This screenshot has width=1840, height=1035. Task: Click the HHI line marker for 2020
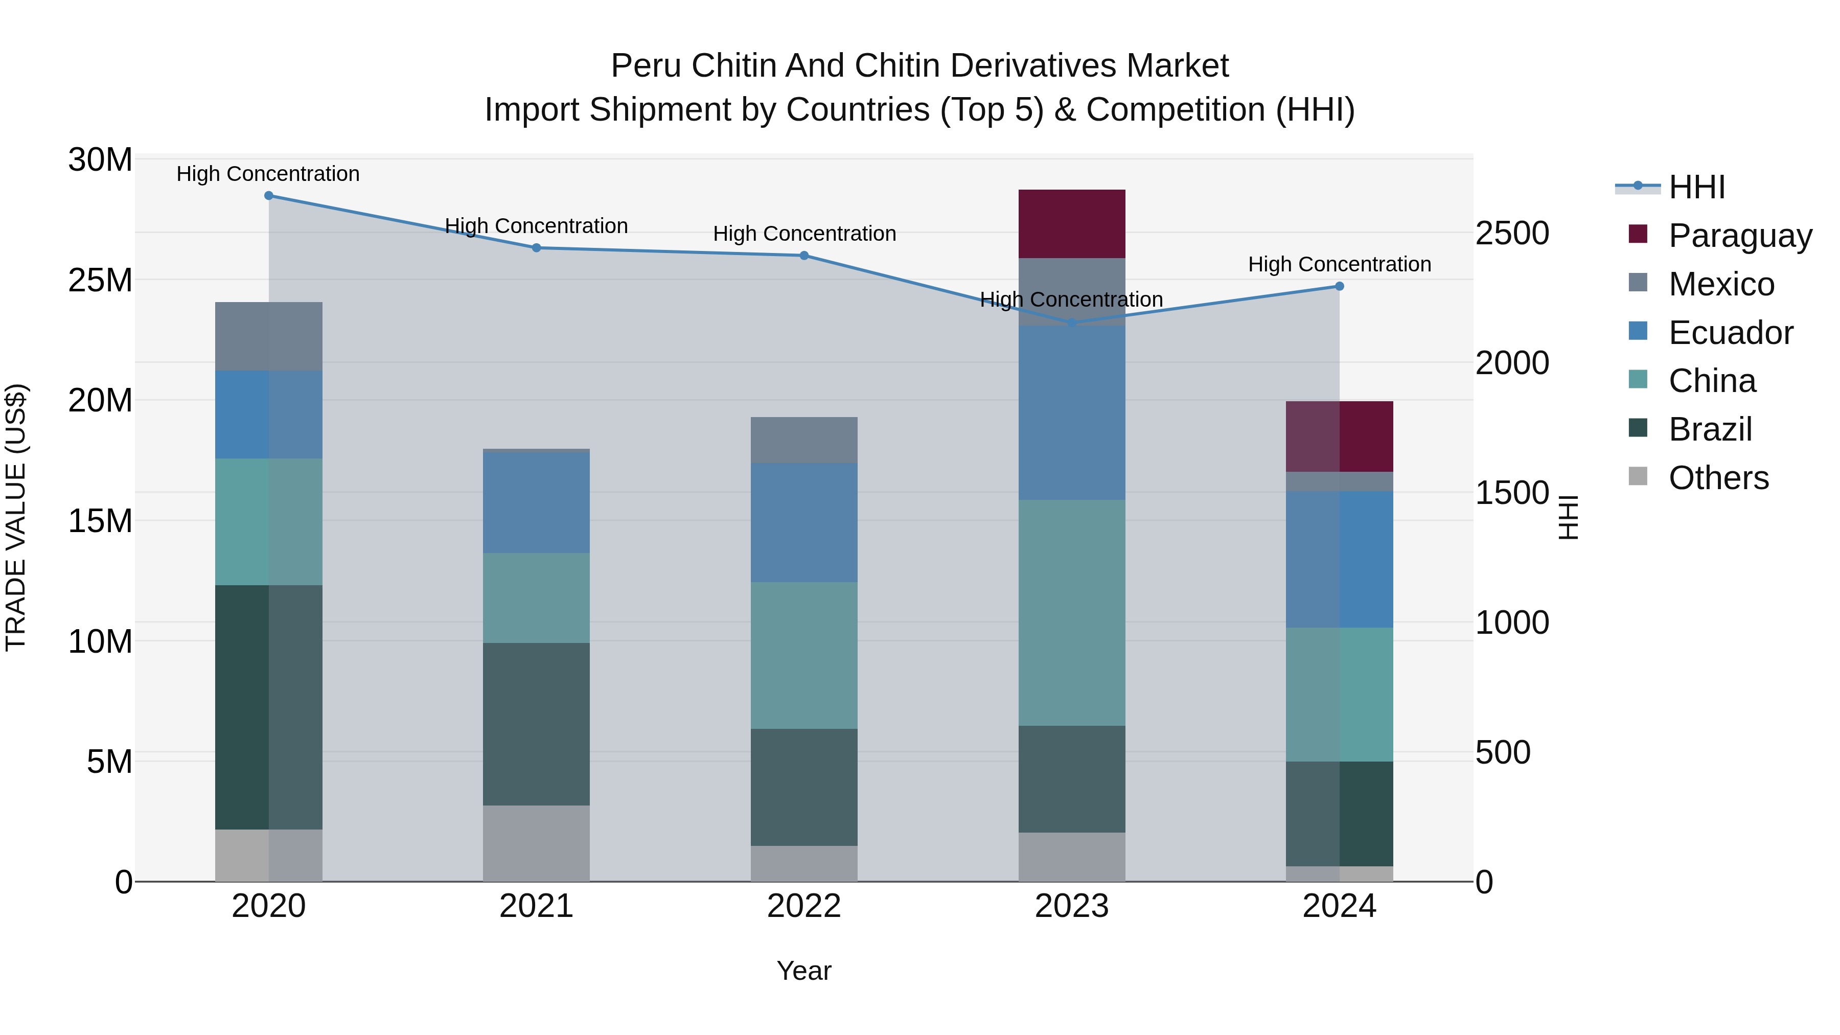point(268,196)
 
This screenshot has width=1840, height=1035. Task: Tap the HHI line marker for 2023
point(1071,323)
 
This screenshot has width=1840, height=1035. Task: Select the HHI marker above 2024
point(1339,286)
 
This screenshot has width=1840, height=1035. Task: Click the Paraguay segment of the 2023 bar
point(1071,223)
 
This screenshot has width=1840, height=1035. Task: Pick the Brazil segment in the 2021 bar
point(537,724)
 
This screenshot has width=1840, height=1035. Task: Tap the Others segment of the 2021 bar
point(537,843)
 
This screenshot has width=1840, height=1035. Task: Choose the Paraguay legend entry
point(1740,236)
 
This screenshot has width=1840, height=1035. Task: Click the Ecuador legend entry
point(1730,333)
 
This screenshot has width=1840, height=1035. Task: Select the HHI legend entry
point(1696,187)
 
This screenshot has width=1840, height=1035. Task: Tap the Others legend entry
point(1718,478)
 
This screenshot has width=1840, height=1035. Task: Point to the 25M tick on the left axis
point(100,280)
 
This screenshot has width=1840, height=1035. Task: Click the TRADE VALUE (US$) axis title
point(16,517)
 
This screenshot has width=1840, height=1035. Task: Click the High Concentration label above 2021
point(537,226)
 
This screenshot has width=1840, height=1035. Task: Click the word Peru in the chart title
point(645,66)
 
